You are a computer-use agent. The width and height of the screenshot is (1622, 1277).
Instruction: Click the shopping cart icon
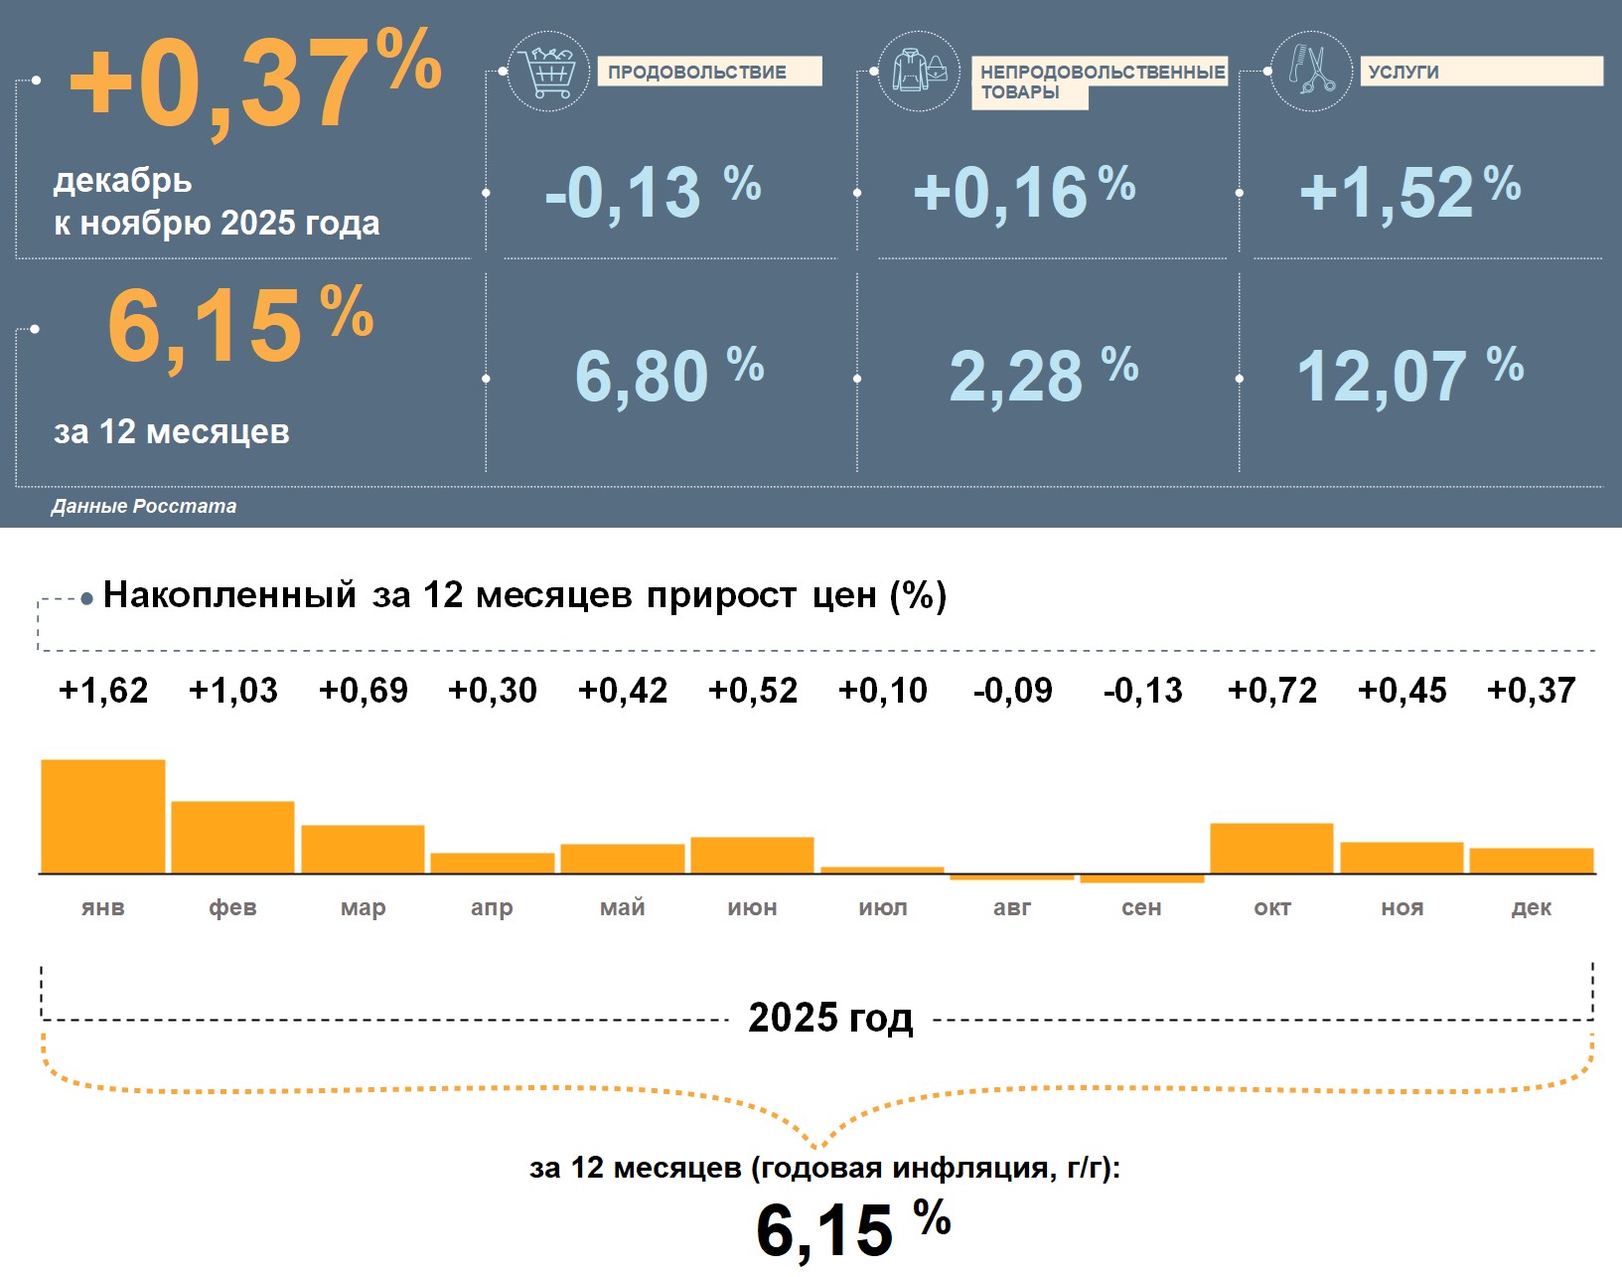(547, 71)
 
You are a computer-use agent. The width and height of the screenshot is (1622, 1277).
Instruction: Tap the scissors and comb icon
(1311, 71)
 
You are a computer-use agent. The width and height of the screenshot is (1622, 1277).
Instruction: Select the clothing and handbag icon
(919, 71)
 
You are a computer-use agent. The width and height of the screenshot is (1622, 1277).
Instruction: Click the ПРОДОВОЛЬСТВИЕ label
(697, 72)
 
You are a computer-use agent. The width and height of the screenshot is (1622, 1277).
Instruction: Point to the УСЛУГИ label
(1403, 72)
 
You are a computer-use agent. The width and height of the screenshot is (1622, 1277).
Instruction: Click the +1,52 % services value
(1408, 192)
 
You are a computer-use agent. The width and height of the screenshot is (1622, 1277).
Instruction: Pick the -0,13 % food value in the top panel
(652, 192)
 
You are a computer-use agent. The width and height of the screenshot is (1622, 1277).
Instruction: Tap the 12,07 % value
(1408, 376)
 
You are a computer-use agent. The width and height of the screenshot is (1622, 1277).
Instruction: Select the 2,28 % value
(1042, 376)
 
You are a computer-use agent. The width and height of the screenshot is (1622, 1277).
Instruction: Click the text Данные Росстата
(144, 506)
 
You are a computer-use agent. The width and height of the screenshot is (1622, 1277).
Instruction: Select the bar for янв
(103, 817)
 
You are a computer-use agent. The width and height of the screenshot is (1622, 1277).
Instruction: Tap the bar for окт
(1271, 849)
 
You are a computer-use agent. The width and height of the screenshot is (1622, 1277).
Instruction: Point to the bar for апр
(493, 864)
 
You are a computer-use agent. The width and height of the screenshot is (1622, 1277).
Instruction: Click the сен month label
(1141, 907)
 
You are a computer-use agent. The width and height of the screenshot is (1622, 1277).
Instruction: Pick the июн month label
(752, 907)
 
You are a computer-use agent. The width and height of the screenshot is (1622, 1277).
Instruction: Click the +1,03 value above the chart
(233, 691)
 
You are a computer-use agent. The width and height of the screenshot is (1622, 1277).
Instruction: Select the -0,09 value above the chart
(1013, 691)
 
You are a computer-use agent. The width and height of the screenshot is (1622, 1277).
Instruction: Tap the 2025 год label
(830, 1018)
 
